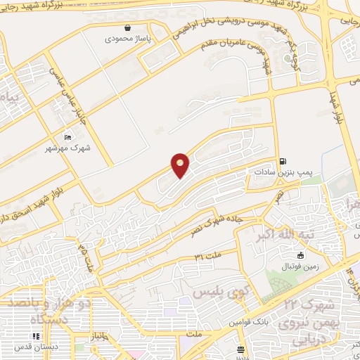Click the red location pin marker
(x=181, y=165)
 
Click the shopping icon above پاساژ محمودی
(x=127, y=27)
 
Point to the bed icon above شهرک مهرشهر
(x=67, y=136)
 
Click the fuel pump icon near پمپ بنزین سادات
(x=283, y=160)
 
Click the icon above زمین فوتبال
(x=302, y=255)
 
